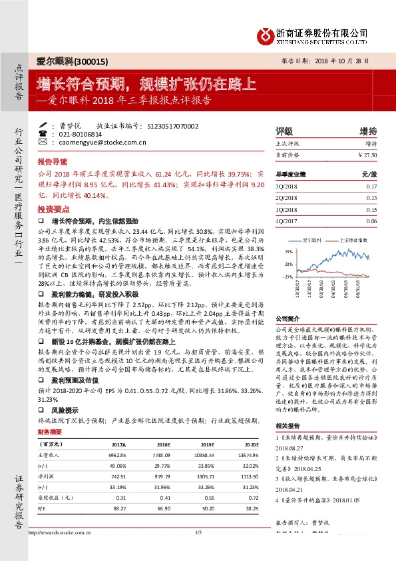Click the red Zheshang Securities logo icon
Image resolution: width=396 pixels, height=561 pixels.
(265, 33)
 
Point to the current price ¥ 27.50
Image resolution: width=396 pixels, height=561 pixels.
(367, 155)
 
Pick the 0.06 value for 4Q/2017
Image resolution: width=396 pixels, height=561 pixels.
(371, 221)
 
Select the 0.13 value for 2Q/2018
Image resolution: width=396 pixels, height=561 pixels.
(371, 198)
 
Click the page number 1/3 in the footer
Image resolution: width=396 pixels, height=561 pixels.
(198, 550)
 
